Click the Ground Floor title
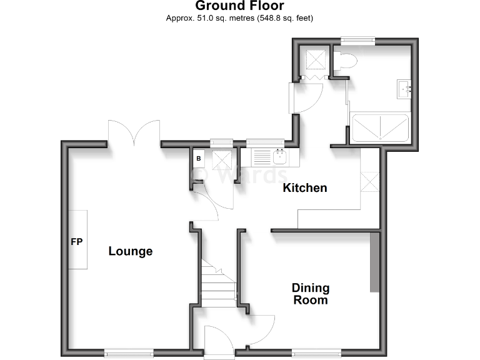point(240,6)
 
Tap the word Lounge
point(131,251)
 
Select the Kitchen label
point(305,187)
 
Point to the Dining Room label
point(311,294)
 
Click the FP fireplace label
point(77,241)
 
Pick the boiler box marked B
point(199,158)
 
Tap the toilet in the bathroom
point(344,62)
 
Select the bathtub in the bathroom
point(381,127)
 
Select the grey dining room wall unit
point(375,262)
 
